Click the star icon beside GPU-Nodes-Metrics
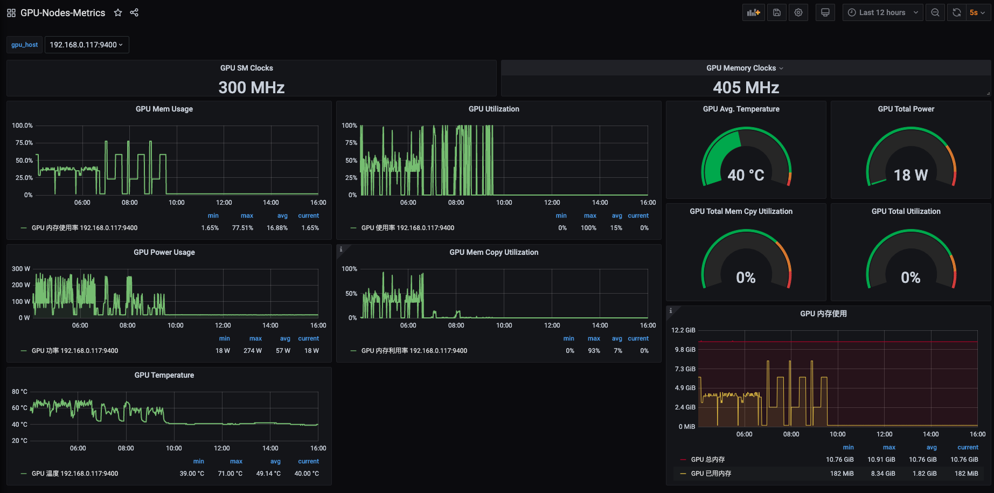click(118, 12)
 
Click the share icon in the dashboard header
click(134, 12)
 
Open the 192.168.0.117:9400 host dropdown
click(87, 45)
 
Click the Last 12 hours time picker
click(883, 12)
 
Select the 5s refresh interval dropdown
click(977, 12)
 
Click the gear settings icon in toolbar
click(798, 12)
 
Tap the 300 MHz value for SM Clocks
click(252, 87)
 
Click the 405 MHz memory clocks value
click(746, 87)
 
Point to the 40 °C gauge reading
click(746, 175)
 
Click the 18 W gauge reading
click(911, 175)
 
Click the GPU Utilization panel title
click(494, 109)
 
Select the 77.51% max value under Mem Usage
click(242, 228)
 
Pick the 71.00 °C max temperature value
click(230, 474)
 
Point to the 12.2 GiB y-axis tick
click(683, 330)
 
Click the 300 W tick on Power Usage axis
click(21, 269)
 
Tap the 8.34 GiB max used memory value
click(881, 474)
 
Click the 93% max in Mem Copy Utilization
click(594, 351)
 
